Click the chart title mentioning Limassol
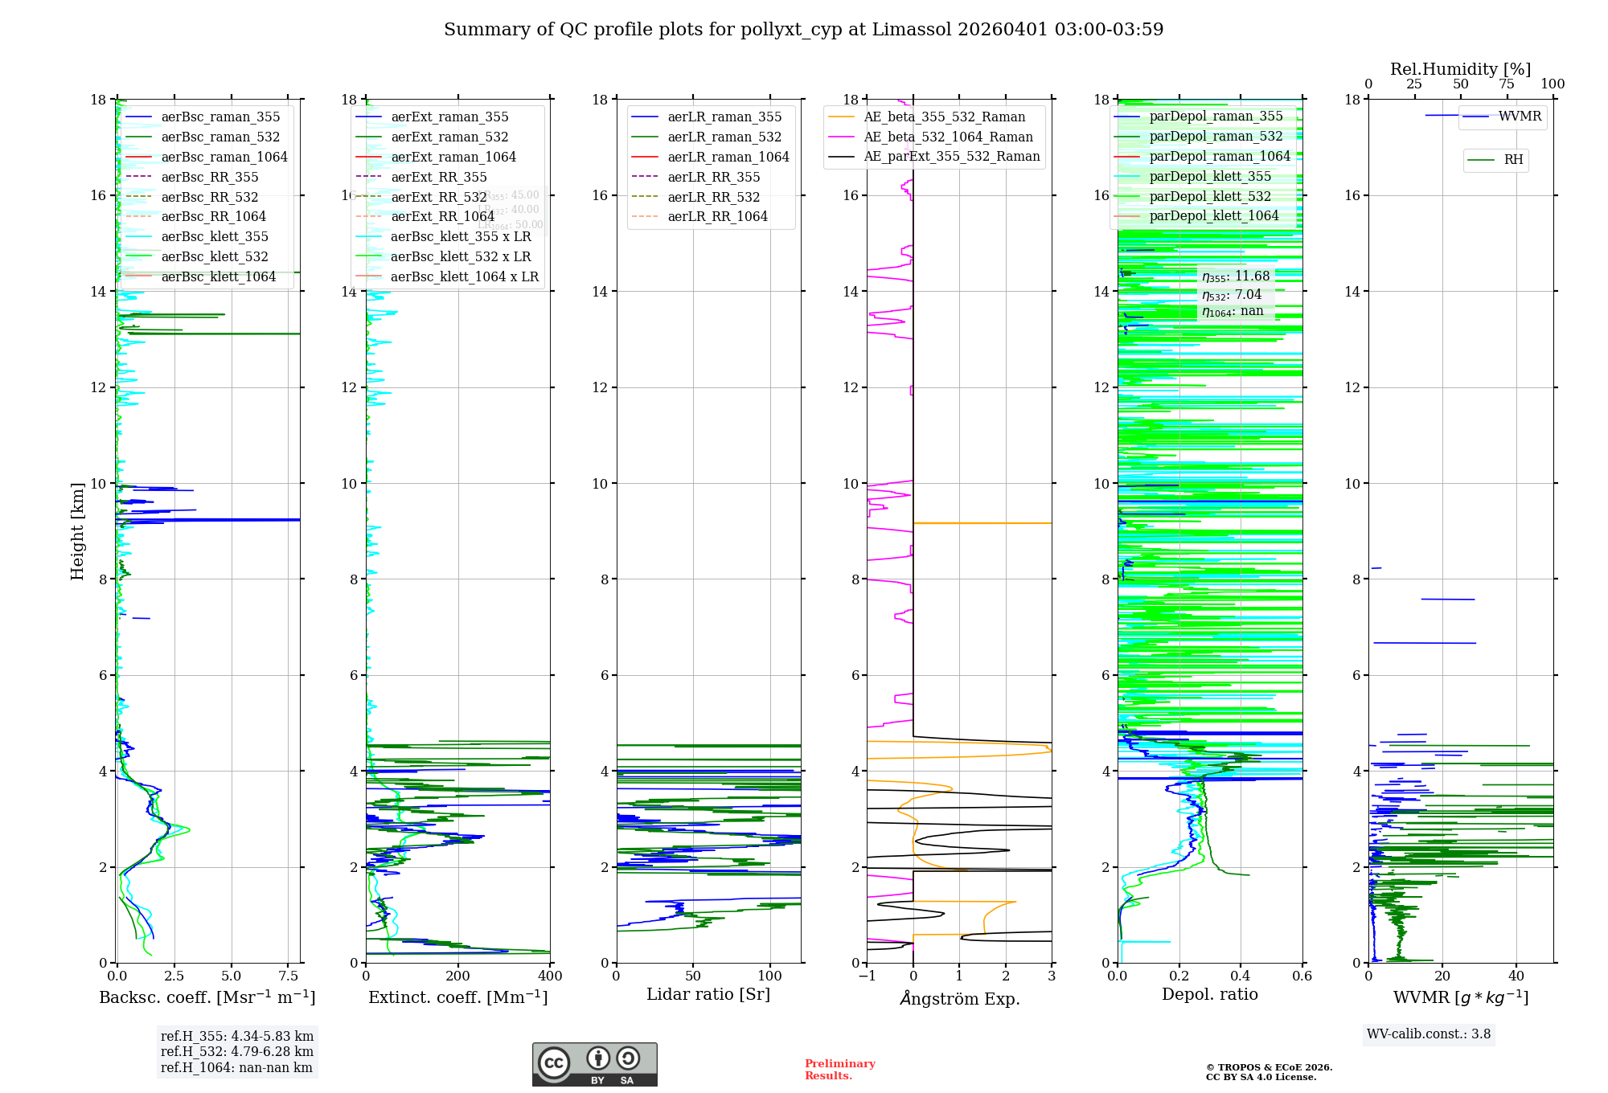803,30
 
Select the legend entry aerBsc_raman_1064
224,158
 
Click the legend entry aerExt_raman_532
449,137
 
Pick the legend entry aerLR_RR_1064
717,217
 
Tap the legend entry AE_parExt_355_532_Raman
951,157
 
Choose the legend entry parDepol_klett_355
1210,177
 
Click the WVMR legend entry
1520,117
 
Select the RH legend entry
1513,160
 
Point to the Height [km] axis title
77,530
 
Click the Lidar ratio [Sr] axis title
708,995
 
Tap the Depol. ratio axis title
1210,995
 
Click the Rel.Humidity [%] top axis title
1460,69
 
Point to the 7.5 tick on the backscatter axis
289,976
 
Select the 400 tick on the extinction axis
550,976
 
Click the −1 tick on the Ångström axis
867,976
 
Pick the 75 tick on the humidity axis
1507,84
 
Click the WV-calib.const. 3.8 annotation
1429,1034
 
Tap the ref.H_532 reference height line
237,1052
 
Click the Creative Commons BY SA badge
594,1065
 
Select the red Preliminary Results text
839,1070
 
